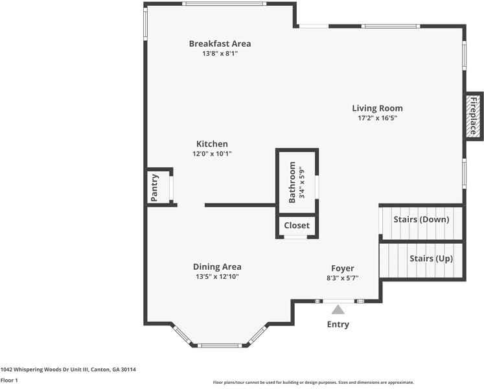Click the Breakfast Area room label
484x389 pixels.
pyautogui.click(x=220, y=43)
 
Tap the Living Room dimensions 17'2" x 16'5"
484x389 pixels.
pyautogui.click(x=377, y=119)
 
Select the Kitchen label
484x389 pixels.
pyautogui.click(x=212, y=144)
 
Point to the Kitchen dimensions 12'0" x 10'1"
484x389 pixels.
pyautogui.click(x=212, y=154)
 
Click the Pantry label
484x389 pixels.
pyautogui.click(x=154, y=188)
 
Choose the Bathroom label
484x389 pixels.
pyautogui.click(x=292, y=182)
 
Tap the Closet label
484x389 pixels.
pyautogui.click(x=297, y=226)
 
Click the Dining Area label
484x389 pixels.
pyautogui.click(x=217, y=266)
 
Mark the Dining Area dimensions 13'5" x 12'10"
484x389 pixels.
pyautogui.click(x=217, y=277)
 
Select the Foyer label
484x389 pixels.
pyautogui.click(x=343, y=268)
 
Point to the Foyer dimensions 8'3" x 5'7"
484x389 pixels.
pyautogui.click(x=343, y=277)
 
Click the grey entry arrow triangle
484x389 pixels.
pyautogui.click(x=338, y=310)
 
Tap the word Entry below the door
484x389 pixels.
pyautogui.click(x=338, y=324)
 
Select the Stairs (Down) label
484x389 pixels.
pyautogui.click(x=421, y=219)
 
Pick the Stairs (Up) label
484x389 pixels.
pyautogui.click(x=431, y=259)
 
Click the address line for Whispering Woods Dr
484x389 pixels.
pyautogui.click(x=68, y=370)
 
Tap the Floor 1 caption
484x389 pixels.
pyautogui.click(x=9, y=381)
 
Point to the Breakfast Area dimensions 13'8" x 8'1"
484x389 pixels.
pyautogui.click(x=220, y=54)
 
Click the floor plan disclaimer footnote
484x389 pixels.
pyautogui.click(x=313, y=383)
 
